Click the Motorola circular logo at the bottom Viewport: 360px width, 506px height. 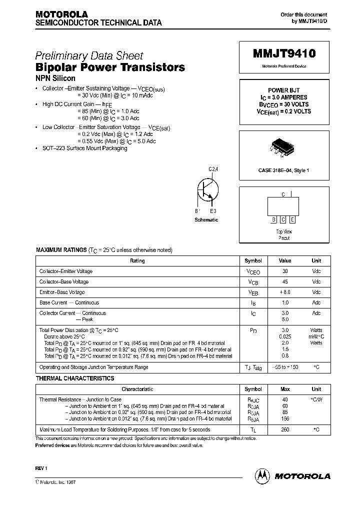pos(261,475)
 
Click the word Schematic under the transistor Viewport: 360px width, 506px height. pos(206,220)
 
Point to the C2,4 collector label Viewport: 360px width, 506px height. pos(213,169)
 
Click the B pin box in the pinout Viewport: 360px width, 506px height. pos(274,219)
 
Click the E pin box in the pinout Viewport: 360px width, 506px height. pos(292,219)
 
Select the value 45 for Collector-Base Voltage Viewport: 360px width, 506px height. pos(285,282)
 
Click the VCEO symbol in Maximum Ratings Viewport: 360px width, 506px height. pos(253,271)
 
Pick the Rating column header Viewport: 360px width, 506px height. pos(137,261)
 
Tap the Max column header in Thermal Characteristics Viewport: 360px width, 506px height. pos(285,389)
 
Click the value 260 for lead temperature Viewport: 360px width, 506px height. pos(285,429)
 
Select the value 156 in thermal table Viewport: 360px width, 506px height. pos(285,418)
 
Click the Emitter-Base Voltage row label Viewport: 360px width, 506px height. pos(62,292)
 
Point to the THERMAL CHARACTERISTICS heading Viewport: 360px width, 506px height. pos(75,378)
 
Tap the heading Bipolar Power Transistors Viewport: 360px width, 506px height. pos(110,67)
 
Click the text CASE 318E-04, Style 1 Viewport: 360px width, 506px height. pos(283,170)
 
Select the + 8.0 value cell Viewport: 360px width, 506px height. pos(285,292)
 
